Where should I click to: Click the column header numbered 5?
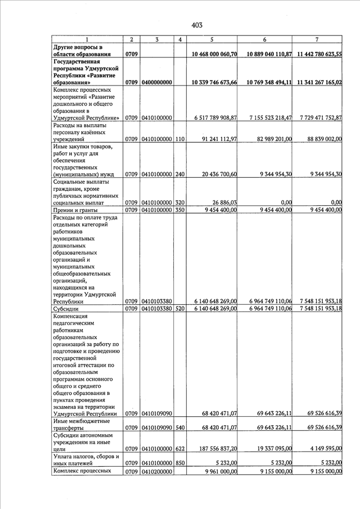(211, 39)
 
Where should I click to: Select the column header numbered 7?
(317, 39)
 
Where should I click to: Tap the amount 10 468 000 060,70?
(214, 54)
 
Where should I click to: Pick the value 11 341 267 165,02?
(317, 83)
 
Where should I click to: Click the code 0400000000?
(157, 83)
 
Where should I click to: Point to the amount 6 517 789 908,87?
(215, 118)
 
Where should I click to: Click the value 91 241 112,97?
(219, 139)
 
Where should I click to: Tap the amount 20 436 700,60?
(219, 174)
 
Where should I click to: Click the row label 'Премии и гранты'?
(75, 210)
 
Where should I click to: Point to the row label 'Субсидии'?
(66, 309)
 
